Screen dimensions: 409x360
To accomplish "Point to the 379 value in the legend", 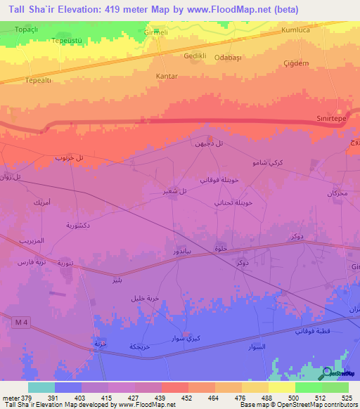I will tap(27, 397).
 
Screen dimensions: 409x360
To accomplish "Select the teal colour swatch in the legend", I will tap(41, 387).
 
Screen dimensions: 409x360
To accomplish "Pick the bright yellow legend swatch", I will tap(282, 387).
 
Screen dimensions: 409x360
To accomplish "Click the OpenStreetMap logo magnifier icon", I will tap(327, 372).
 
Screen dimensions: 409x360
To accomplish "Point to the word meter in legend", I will tap(11, 397).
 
